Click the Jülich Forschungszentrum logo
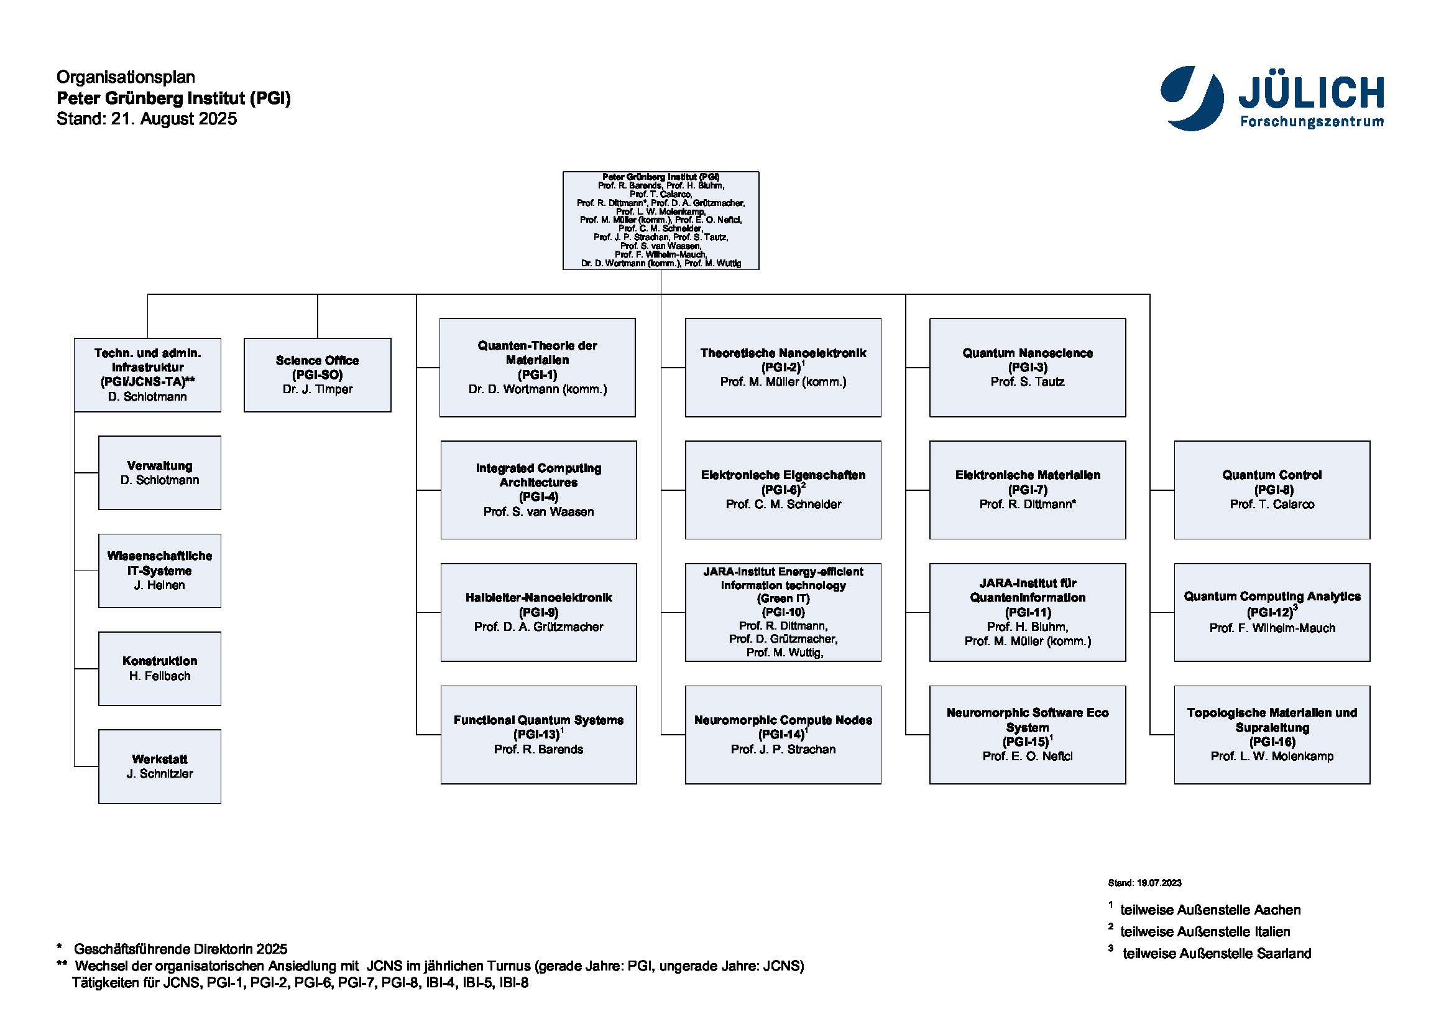pos(1272,99)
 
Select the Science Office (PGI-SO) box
pos(317,375)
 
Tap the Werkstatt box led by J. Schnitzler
pos(160,766)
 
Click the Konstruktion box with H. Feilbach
pos(160,668)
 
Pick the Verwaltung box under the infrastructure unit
pos(160,473)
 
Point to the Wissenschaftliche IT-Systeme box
pos(160,570)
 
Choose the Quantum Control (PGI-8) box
pos(1272,490)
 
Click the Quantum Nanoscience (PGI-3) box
pos(1027,368)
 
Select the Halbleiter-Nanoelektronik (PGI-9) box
pos(538,612)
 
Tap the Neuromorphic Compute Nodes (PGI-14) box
pos(783,734)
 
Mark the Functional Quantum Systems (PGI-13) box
pos(538,734)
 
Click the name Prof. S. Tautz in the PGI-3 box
pos(1027,381)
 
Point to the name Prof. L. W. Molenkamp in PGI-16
pos(1272,756)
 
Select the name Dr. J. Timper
pos(317,389)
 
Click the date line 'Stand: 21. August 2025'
pos(146,118)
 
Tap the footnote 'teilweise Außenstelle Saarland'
pos(1216,953)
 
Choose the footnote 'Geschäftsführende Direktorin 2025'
pos(180,949)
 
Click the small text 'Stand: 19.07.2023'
pos(1144,883)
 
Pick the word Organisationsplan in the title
pos(126,77)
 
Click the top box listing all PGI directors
pos(661,220)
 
